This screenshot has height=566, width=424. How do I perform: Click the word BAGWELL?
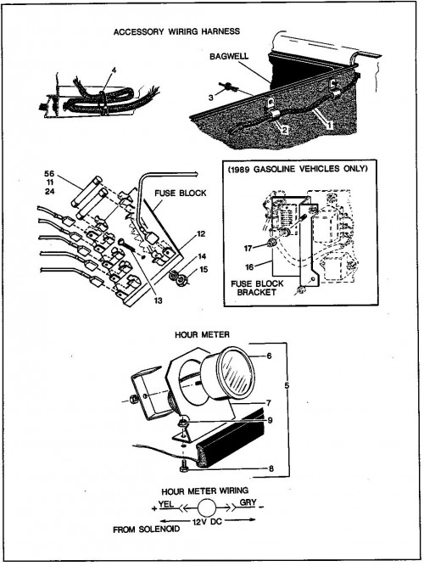(x=229, y=56)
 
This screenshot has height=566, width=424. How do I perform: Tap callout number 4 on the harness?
(x=114, y=70)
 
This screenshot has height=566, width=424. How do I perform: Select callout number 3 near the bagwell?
(x=211, y=98)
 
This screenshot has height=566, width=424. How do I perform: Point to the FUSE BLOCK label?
(x=181, y=193)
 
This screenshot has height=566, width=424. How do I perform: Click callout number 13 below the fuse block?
(x=159, y=300)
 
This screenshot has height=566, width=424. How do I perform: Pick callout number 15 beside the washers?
(x=204, y=269)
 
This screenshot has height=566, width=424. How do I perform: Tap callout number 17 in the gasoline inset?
(x=248, y=248)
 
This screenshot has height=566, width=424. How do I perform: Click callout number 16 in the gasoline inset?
(x=249, y=267)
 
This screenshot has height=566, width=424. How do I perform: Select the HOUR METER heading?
(x=202, y=334)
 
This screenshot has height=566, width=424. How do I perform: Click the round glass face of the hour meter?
(x=236, y=373)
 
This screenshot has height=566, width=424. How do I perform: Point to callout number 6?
(x=269, y=356)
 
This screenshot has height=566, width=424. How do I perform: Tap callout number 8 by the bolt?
(x=271, y=469)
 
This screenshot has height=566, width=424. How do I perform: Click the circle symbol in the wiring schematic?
(x=206, y=508)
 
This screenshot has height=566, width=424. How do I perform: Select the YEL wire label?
(x=166, y=503)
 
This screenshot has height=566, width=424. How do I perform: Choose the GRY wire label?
(x=248, y=502)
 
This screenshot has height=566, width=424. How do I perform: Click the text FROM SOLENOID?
(x=146, y=530)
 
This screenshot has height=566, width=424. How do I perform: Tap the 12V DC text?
(x=207, y=522)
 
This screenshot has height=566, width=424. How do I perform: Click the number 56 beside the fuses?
(x=49, y=173)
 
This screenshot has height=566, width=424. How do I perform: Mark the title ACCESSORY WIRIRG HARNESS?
(x=176, y=31)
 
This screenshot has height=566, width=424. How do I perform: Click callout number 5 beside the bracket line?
(x=287, y=385)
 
